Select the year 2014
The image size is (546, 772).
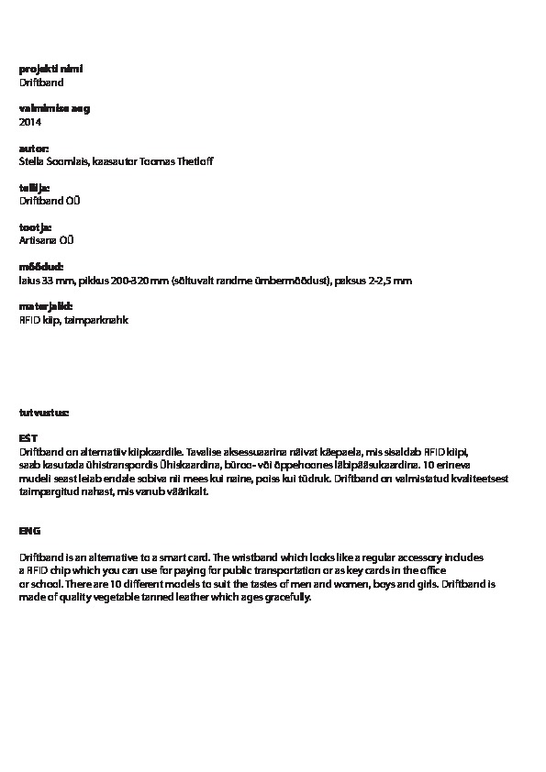coord(30,122)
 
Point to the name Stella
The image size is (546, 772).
coord(33,161)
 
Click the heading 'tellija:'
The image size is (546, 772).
coord(35,188)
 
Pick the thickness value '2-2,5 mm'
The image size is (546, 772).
coord(390,280)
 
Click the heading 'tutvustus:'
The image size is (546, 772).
coord(44,413)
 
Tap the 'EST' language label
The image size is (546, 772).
coord(28,439)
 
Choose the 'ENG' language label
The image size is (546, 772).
coord(29,531)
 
